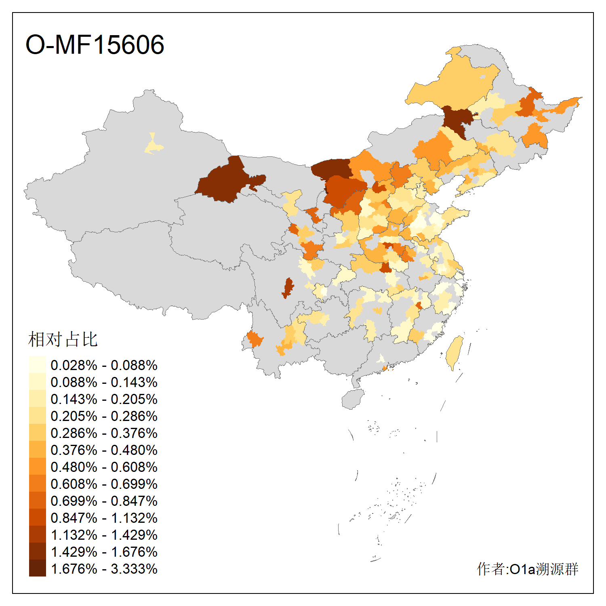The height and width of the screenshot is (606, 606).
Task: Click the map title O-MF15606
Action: (95, 44)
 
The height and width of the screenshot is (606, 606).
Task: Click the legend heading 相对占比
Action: (63, 339)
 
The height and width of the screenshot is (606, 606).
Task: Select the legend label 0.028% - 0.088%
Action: (104, 365)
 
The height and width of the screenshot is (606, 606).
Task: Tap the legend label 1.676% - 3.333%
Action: (104, 569)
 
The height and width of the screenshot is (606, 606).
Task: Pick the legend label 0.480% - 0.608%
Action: (104, 467)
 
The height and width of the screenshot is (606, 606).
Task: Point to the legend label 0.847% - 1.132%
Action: (104, 518)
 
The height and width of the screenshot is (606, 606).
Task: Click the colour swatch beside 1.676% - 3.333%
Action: (37, 568)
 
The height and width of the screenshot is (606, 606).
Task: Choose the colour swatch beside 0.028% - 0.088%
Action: (37, 365)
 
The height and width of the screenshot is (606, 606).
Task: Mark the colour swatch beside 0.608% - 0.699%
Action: (37, 484)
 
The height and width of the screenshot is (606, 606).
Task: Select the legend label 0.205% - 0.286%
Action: (104, 416)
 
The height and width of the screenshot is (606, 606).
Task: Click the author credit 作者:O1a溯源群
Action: (527, 569)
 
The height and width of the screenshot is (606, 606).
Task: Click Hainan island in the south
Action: (353, 399)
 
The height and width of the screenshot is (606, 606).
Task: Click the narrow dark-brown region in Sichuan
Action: (288, 288)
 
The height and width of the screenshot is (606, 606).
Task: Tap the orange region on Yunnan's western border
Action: (255, 339)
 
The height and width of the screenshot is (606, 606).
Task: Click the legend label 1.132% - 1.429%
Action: (104, 535)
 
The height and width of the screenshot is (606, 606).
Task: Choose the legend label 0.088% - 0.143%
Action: (104, 382)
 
